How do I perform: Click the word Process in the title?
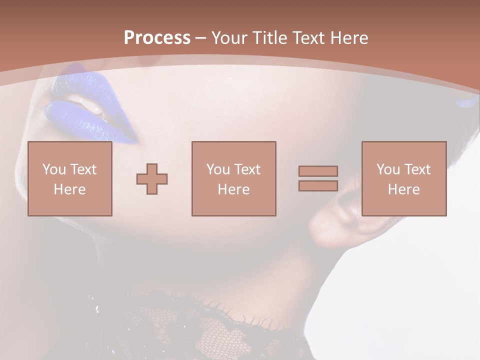157,38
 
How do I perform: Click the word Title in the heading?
271,38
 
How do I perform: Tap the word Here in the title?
348,38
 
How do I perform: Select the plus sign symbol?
152,179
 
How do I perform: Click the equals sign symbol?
318,178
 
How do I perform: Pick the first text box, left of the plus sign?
70,178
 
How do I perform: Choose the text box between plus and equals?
233,178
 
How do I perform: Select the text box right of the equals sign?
404,178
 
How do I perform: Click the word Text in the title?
311,38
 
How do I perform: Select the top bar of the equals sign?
318,171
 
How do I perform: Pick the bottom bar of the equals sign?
318,185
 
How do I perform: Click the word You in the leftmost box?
54,169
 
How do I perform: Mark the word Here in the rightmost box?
404,189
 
